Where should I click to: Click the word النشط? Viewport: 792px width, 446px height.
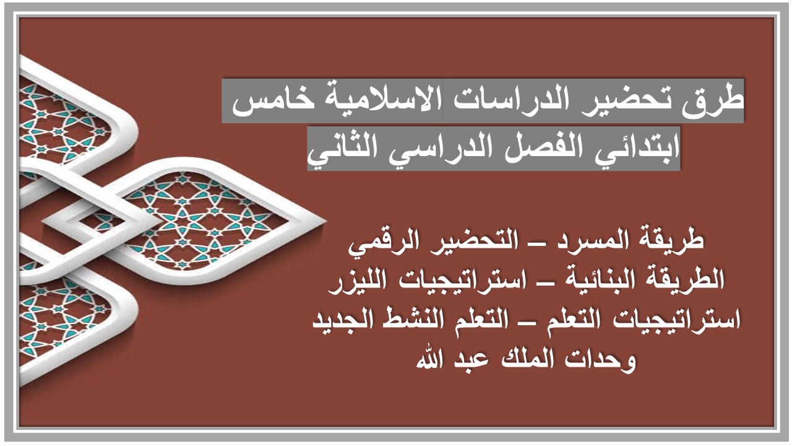pos(412,321)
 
